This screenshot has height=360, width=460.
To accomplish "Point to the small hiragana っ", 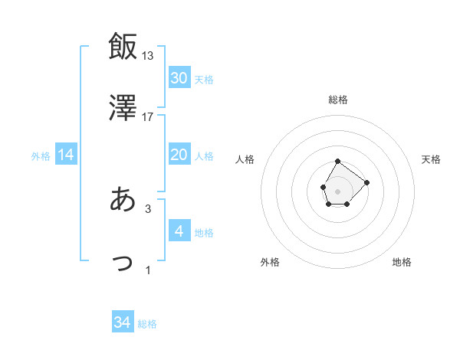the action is [x=123, y=263].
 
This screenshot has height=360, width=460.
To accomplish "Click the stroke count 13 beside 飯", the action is [x=148, y=55].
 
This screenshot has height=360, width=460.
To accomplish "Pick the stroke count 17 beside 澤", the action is [x=148, y=116].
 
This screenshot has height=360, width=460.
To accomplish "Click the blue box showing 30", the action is [x=179, y=78].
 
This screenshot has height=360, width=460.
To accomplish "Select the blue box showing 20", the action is [x=179, y=155].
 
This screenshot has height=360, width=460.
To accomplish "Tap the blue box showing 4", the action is [x=179, y=231].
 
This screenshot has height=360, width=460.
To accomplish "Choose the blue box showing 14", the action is [x=66, y=155].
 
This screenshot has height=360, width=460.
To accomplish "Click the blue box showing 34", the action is [x=123, y=322].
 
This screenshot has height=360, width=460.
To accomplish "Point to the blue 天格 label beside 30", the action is [x=203, y=80].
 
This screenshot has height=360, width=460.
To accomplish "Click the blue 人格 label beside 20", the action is [x=203, y=156].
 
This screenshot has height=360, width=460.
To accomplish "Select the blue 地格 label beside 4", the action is [x=203, y=233].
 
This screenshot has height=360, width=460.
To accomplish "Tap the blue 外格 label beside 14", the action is [x=41, y=156].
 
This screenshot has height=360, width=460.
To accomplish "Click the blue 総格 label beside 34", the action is [x=147, y=324].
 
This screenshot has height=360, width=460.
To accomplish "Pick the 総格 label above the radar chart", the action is [x=337, y=100].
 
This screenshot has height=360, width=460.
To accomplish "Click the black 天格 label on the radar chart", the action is [x=432, y=159].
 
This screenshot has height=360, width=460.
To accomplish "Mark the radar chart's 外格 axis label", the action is [x=270, y=262].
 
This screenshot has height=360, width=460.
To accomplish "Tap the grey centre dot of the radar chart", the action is [x=337, y=190].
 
